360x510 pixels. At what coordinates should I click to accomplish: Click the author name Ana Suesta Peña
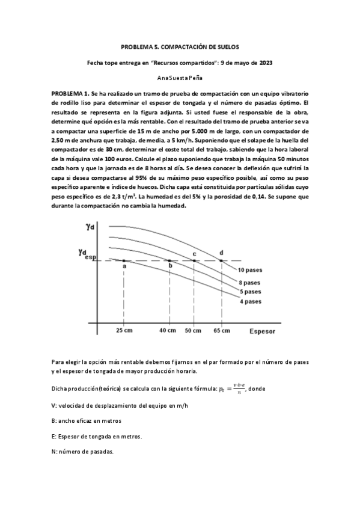[x=180, y=78]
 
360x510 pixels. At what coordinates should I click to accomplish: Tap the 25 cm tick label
[x=124, y=331]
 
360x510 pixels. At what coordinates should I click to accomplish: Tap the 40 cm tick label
[x=168, y=331]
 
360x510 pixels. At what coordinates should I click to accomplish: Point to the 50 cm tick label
[x=194, y=331]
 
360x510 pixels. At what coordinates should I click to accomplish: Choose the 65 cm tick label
[x=222, y=331]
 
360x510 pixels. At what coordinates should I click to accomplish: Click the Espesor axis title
[x=262, y=331]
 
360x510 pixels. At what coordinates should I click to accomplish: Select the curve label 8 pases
[x=250, y=283]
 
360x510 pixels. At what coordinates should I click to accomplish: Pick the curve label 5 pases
[x=250, y=292]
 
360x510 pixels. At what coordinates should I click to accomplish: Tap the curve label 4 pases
[x=250, y=301]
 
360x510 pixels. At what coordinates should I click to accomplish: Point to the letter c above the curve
[x=194, y=254]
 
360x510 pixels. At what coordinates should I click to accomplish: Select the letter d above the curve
[x=222, y=253]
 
